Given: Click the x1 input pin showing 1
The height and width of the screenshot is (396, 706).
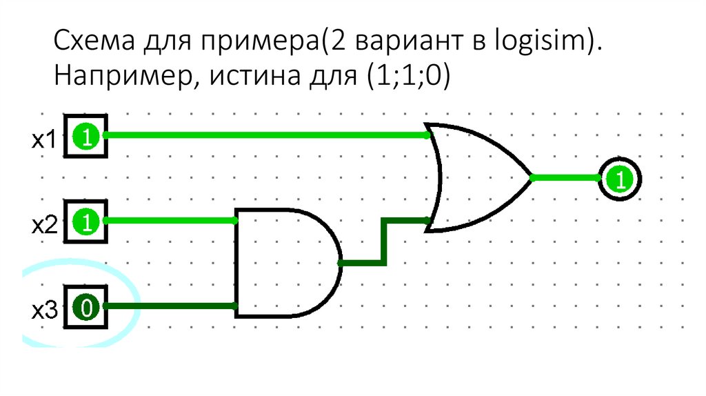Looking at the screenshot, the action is point(85,137).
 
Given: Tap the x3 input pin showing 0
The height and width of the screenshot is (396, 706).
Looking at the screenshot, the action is point(85,306).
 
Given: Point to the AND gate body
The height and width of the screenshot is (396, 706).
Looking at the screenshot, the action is point(283,263).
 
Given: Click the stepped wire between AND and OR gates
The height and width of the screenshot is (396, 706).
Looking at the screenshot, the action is point(383,242).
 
